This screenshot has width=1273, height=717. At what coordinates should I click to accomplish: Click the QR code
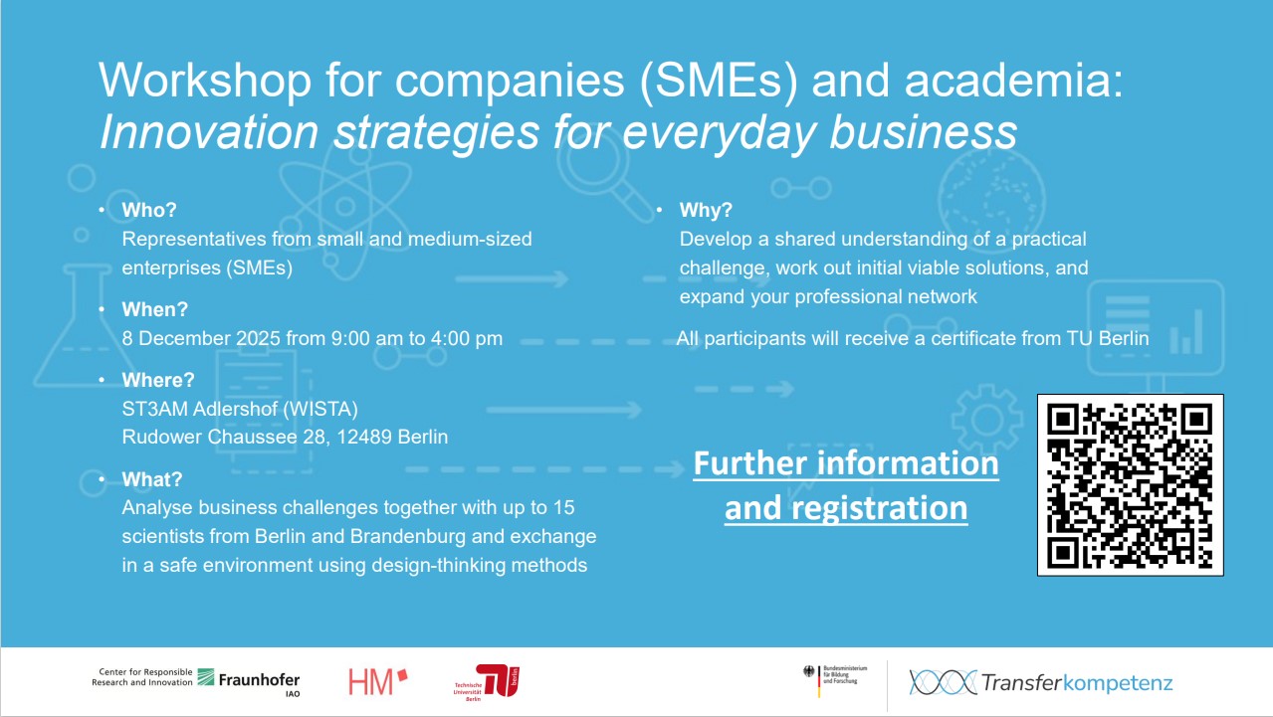pyautogui.click(x=1130, y=484)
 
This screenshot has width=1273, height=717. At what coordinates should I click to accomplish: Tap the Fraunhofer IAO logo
pyautogui.click(x=249, y=680)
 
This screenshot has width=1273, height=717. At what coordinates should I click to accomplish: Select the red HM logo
pyautogui.click(x=378, y=681)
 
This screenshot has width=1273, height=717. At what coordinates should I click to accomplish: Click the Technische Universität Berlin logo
pyautogui.click(x=487, y=681)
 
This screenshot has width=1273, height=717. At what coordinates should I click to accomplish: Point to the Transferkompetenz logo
pyautogui.click(x=1040, y=682)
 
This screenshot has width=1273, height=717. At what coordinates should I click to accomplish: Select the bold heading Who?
pyautogui.click(x=149, y=210)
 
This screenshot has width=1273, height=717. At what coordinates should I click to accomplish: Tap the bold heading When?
pyautogui.click(x=154, y=309)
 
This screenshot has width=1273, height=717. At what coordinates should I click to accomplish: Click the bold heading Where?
pyautogui.click(x=158, y=380)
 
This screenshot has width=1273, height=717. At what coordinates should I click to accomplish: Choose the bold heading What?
pyautogui.click(x=152, y=479)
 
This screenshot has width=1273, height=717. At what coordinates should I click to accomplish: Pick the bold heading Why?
pyautogui.click(x=706, y=210)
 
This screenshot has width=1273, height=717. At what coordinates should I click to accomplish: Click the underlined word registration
pyautogui.click(x=846, y=508)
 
